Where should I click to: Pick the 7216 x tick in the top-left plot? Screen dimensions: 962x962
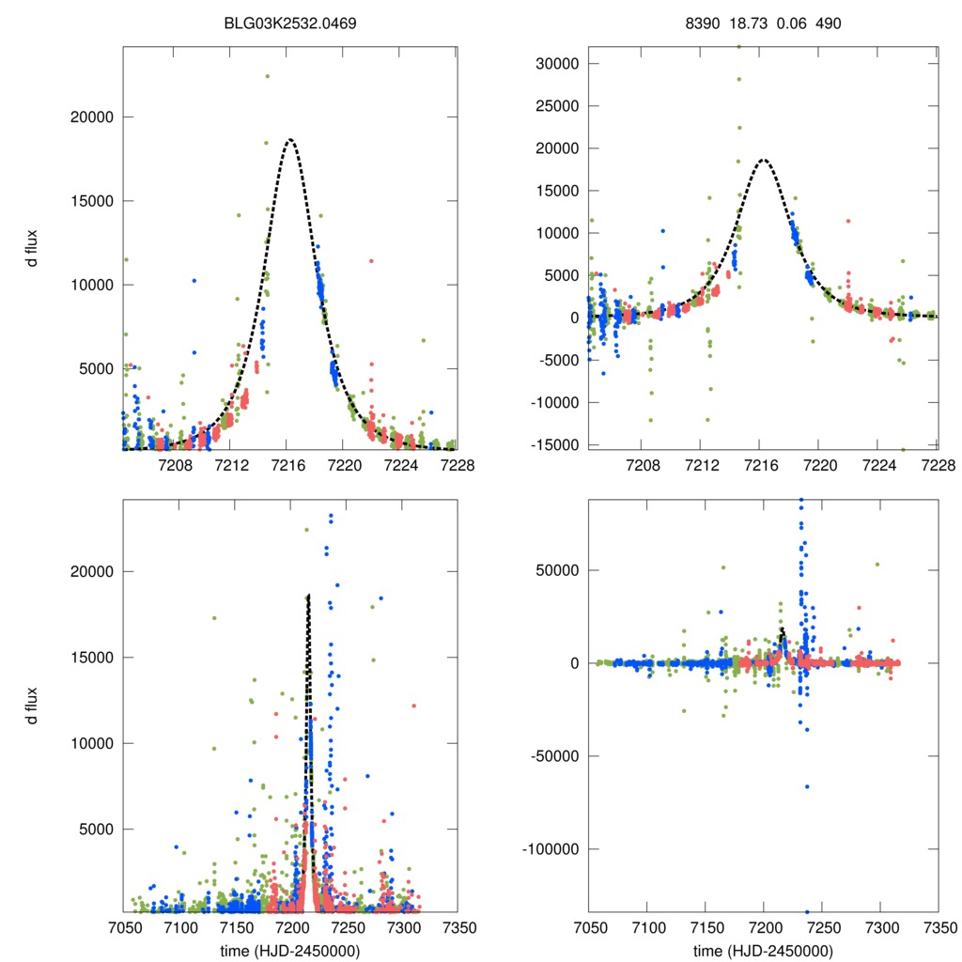tap(288, 465)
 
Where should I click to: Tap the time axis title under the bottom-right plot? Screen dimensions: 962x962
tap(762, 949)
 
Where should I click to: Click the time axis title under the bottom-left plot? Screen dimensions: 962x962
tap(290, 949)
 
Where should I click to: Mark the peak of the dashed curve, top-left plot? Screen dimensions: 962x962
tap(290, 140)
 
